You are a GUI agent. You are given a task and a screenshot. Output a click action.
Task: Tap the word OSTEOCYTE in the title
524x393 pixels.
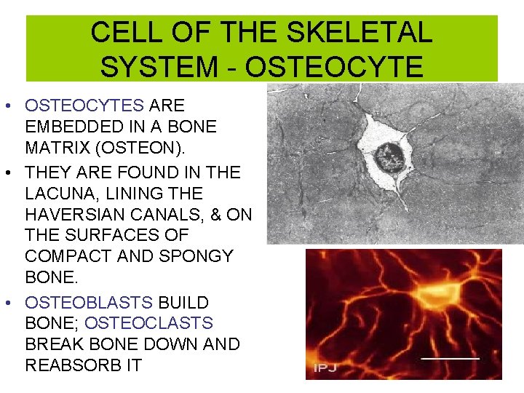pyautogui.click(x=334, y=66)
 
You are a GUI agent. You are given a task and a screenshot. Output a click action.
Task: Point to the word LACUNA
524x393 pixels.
pyautogui.click(x=65, y=194)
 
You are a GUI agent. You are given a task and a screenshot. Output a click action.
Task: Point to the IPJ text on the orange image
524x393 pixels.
pyautogui.click(x=325, y=368)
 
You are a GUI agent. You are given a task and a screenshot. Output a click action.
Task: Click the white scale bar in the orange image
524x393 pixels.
pyautogui.click(x=451, y=357)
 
